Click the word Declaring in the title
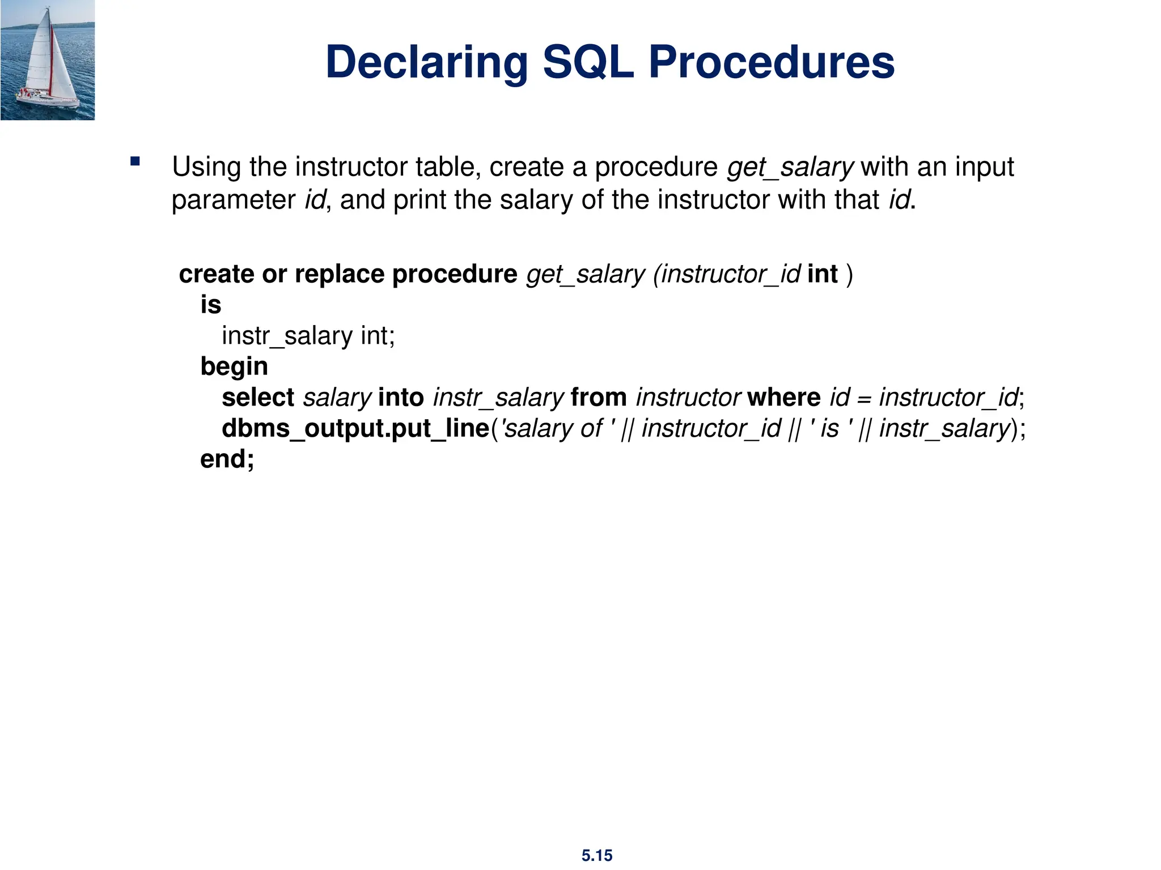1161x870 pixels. pyautogui.click(x=426, y=62)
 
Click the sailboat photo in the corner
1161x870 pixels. pyautogui.click(x=48, y=60)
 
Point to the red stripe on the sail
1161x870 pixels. pyautogui.click(x=52, y=62)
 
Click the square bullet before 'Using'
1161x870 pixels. pyautogui.click(x=135, y=161)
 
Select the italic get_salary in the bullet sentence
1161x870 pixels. pyautogui.click(x=790, y=167)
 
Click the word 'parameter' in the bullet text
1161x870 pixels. pyautogui.click(x=234, y=200)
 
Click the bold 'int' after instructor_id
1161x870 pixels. pyautogui.click(x=822, y=274)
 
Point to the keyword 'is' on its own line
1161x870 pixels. pyautogui.click(x=210, y=305)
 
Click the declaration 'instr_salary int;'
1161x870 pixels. pyautogui.click(x=308, y=336)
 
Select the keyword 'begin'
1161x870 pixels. pyautogui.click(x=234, y=367)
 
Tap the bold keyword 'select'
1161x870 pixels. pyautogui.click(x=258, y=398)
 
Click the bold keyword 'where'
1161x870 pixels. pyautogui.click(x=783, y=398)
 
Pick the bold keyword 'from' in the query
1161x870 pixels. pyautogui.click(x=599, y=398)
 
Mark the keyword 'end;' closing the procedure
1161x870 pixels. pyautogui.click(x=227, y=459)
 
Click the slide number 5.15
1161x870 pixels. pyautogui.click(x=596, y=855)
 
